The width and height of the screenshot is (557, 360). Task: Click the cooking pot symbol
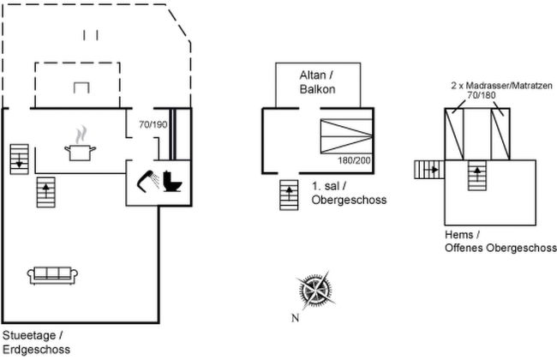[x=79, y=150]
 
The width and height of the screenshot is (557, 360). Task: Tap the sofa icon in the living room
[x=53, y=274]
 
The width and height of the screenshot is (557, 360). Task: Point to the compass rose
[x=314, y=291]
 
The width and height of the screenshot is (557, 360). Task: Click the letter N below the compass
[x=294, y=319]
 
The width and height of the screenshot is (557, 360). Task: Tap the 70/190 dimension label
[x=153, y=125]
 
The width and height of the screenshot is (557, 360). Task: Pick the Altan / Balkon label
[x=317, y=81]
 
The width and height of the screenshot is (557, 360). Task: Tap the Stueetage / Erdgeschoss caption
[x=34, y=342]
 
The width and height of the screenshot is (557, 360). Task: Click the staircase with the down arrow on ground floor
[x=19, y=158]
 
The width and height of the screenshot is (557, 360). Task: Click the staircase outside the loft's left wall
[x=428, y=170]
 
